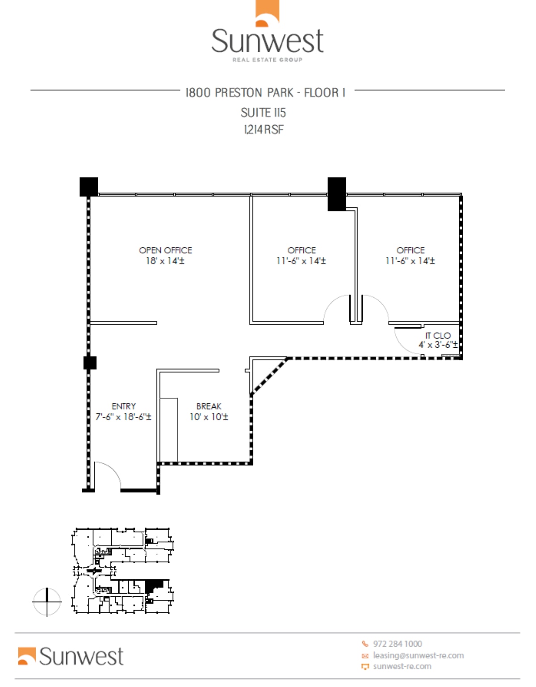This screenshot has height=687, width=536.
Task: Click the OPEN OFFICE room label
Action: [x=165, y=250]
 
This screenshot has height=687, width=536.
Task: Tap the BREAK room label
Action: [x=209, y=406]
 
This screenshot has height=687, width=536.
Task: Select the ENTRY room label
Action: [x=123, y=406]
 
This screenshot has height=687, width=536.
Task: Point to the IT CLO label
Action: [x=438, y=335]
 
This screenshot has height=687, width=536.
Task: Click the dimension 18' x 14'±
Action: [x=165, y=261]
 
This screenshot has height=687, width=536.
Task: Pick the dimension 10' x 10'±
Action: [x=209, y=417]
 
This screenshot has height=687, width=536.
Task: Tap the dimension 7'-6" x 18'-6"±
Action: [x=123, y=417]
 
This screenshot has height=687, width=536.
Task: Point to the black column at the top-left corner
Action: [x=88, y=186]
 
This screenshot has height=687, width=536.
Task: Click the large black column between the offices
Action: [x=337, y=194]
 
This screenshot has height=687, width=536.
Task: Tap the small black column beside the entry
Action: [x=90, y=362]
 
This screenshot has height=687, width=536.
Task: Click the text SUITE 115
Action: [x=263, y=113]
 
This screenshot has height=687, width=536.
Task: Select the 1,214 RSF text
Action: [x=264, y=130]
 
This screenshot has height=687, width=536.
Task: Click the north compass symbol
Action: [x=47, y=602]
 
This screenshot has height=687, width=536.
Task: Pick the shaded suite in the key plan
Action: [x=155, y=585]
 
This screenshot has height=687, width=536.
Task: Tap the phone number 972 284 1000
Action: [x=397, y=644]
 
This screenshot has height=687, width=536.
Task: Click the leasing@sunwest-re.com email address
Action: [x=418, y=655]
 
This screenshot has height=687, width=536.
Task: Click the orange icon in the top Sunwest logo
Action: [x=267, y=13]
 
